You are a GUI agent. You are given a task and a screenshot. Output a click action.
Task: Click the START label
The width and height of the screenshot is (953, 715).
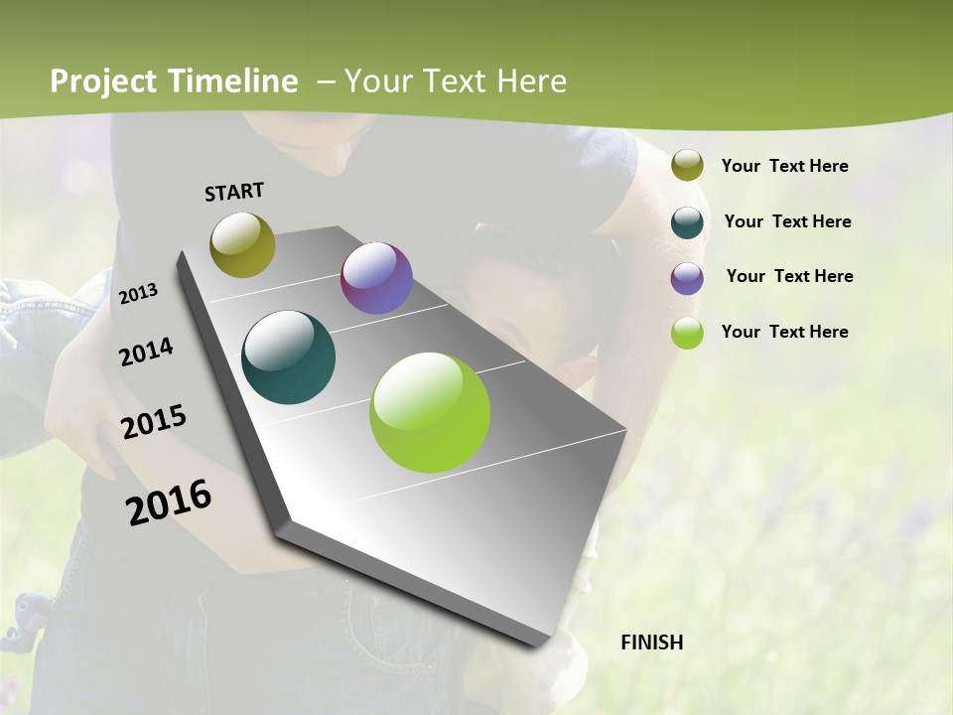[234, 192]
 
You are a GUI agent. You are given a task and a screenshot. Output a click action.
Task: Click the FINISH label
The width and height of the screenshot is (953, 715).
[651, 643]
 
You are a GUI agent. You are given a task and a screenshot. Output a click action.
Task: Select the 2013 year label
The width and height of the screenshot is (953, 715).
[138, 294]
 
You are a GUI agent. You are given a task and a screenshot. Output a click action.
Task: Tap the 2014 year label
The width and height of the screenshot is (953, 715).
[146, 353]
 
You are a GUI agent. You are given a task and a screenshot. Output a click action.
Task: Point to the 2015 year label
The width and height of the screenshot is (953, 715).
[153, 422]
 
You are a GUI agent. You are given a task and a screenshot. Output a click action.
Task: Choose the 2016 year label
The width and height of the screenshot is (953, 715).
[169, 502]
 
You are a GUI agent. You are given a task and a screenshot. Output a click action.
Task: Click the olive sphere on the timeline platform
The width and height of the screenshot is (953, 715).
[242, 244]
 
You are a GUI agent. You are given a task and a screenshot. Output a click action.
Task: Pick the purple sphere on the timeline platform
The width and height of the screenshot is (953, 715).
[376, 278]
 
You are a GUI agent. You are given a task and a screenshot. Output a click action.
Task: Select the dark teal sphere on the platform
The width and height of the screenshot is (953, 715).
[288, 357]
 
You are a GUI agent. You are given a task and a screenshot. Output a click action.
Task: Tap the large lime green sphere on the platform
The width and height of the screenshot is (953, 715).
[430, 412]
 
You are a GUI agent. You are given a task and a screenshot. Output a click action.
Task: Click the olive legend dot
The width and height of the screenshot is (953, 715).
[687, 166]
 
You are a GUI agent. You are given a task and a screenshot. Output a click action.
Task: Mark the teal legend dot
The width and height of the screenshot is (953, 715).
[687, 222]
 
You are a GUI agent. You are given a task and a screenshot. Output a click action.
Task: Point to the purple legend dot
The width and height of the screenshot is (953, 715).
[687, 278]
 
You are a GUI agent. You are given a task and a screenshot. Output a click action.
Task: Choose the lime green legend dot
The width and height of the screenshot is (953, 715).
[687, 333]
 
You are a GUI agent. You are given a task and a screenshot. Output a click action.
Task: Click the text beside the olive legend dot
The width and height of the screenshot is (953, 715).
[784, 166]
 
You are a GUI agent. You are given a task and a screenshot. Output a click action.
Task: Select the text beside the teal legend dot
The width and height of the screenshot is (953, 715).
[787, 221]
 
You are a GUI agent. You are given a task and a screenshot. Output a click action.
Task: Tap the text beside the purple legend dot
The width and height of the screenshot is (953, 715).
[789, 276]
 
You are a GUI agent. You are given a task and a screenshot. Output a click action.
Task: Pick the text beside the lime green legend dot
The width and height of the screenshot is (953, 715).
[784, 332]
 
